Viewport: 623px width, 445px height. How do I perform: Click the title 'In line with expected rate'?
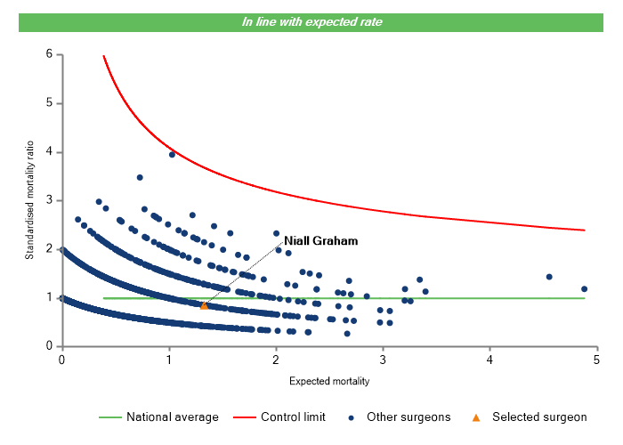tap(311, 22)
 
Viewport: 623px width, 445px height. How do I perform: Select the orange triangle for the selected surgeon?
tap(204, 305)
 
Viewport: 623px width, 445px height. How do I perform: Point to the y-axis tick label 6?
tap(50, 54)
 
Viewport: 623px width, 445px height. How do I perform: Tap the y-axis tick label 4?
tap(50, 152)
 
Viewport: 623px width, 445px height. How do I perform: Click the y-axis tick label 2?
tap(50, 249)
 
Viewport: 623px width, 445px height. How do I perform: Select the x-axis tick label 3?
tap(383, 360)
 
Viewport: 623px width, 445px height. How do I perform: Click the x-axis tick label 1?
tap(168, 360)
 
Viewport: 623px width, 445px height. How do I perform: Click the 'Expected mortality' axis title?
tap(329, 381)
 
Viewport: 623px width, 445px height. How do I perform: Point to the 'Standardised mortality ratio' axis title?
tap(29, 198)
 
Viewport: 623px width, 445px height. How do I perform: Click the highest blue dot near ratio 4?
tap(172, 154)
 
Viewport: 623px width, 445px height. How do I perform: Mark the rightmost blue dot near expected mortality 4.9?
tap(584, 288)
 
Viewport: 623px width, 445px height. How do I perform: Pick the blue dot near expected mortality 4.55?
tap(549, 277)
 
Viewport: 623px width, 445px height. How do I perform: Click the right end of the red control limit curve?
tap(584, 230)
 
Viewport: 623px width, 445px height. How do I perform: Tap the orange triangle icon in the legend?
tap(475, 417)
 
